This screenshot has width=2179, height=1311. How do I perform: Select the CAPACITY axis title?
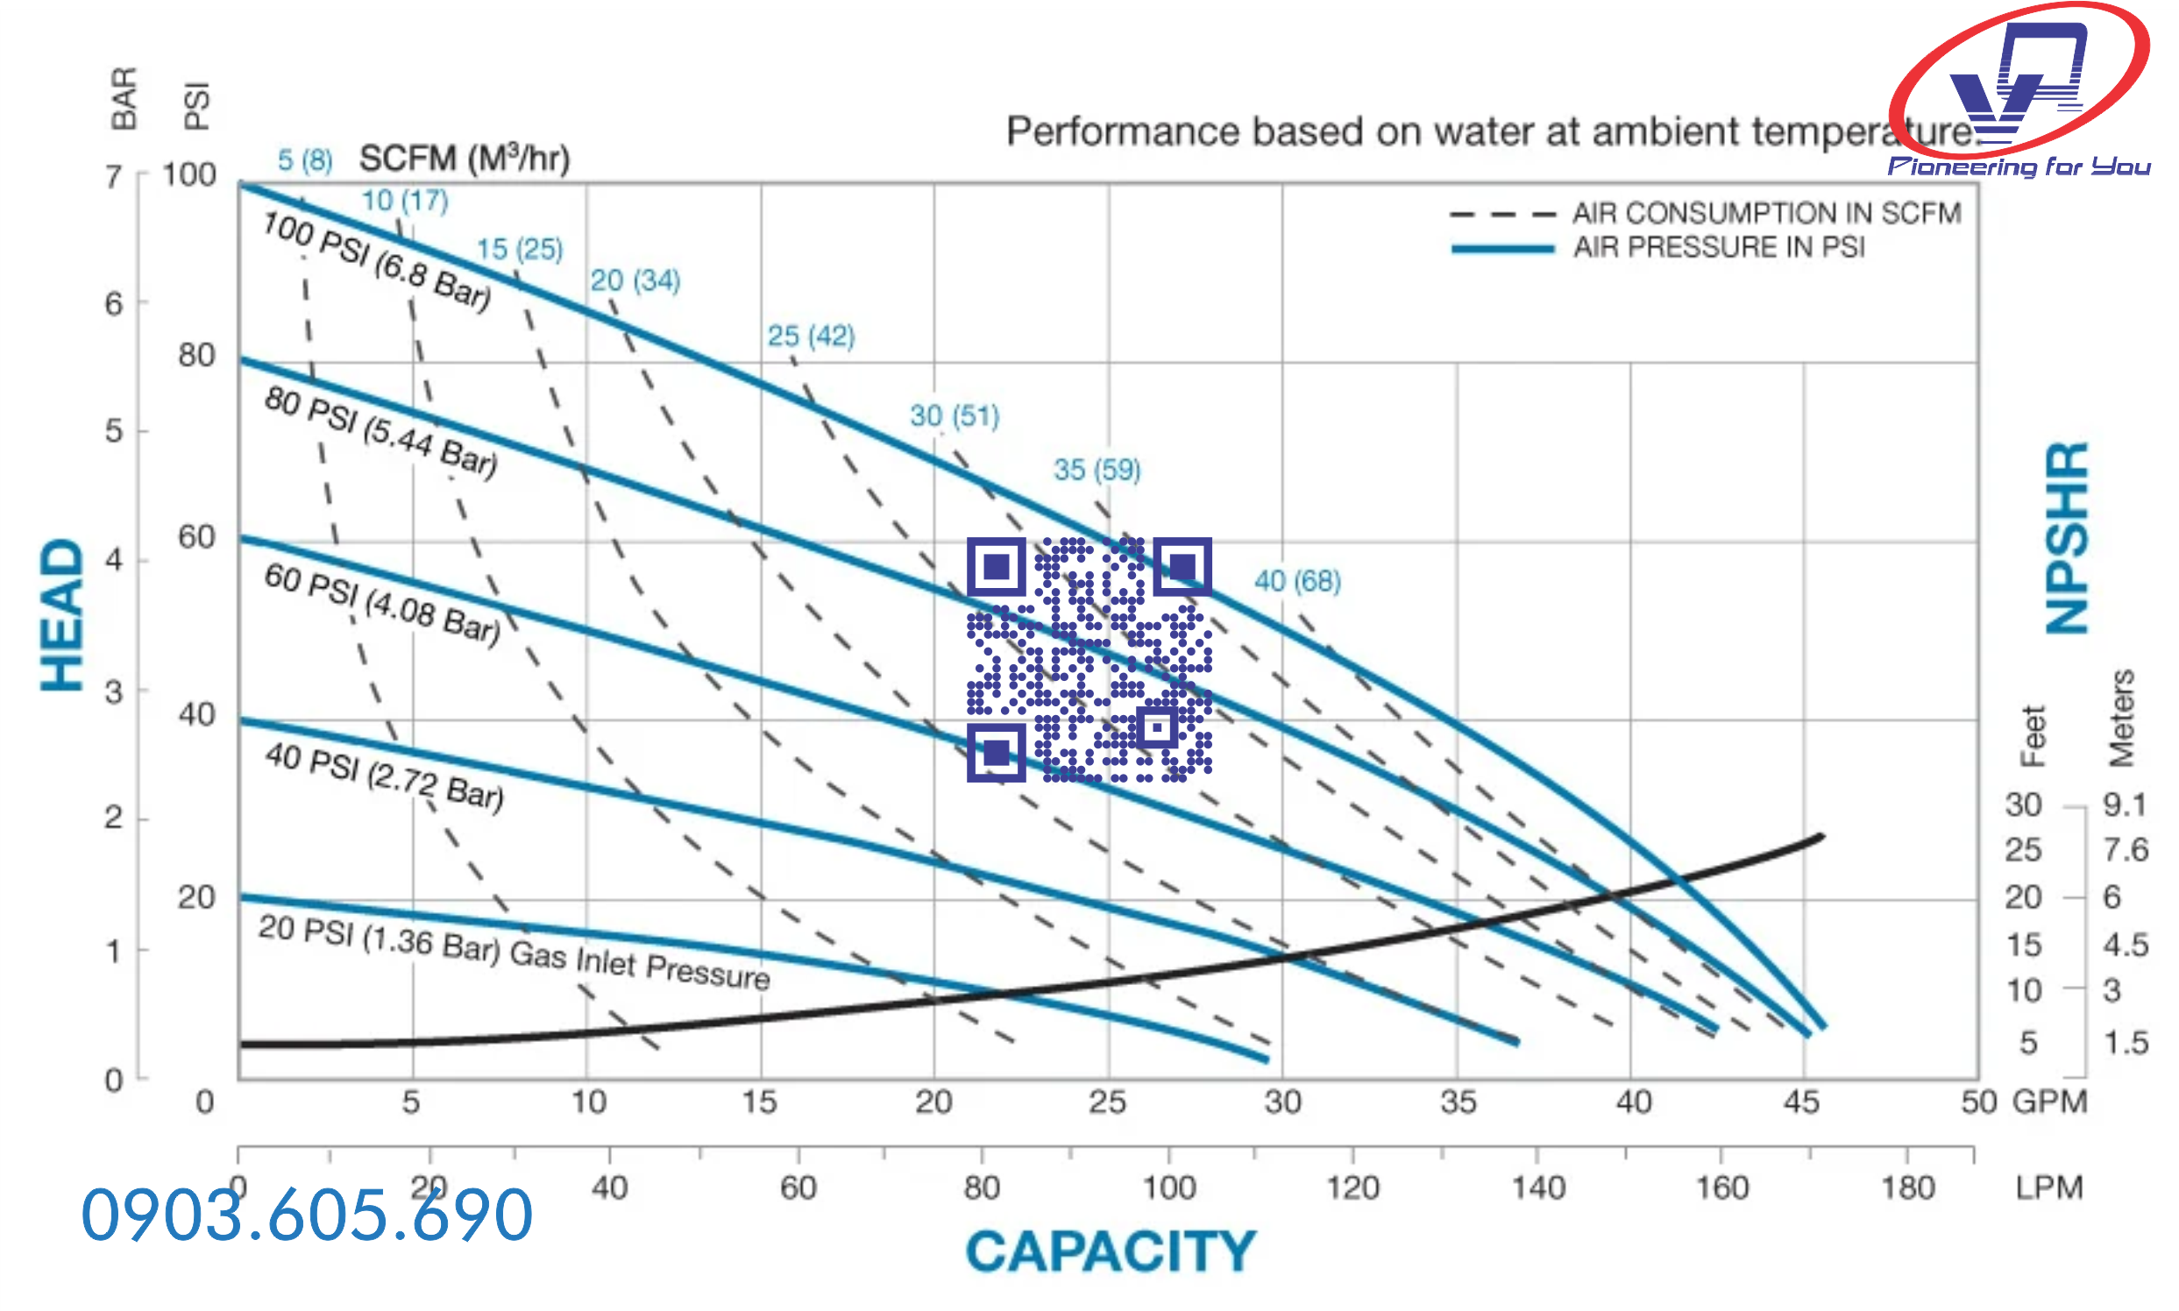pyautogui.click(x=1110, y=1251)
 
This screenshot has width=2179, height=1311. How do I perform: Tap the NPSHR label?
pyautogui.click(x=2067, y=537)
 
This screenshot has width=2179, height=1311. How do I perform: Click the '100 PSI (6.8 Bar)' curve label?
pyautogui.click(x=376, y=260)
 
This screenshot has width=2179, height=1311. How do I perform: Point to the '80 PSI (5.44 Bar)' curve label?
pyautogui.click(x=380, y=432)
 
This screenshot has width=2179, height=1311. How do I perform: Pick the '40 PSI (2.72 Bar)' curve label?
pyautogui.click(x=385, y=776)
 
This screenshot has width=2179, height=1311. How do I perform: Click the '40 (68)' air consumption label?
pyautogui.click(x=1297, y=581)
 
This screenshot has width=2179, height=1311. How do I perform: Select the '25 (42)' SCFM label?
pyautogui.click(x=810, y=336)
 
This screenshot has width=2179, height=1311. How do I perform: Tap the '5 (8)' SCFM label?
pyautogui.click(x=305, y=159)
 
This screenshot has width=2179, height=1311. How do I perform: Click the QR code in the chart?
pyautogui.click(x=1089, y=659)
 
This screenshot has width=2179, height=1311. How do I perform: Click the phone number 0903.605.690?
pyautogui.click(x=307, y=1215)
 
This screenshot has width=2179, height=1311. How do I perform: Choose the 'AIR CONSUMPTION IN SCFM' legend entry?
pyautogui.click(x=1765, y=214)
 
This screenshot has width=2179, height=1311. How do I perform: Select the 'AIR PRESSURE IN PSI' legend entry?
pyautogui.click(x=1718, y=247)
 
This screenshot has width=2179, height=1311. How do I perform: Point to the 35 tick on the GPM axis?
pyautogui.click(x=1457, y=1102)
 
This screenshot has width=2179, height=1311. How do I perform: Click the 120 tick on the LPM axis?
pyautogui.click(x=1352, y=1187)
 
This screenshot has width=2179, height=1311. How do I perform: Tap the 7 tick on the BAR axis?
pyautogui.click(x=113, y=177)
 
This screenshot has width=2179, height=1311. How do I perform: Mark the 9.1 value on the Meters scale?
pyautogui.click(x=2124, y=804)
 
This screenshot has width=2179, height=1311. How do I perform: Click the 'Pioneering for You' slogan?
pyautogui.click(x=2019, y=167)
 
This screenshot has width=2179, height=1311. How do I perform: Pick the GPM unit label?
pyautogui.click(x=2049, y=1102)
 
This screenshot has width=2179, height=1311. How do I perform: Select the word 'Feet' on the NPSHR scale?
pyautogui.click(x=2033, y=736)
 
